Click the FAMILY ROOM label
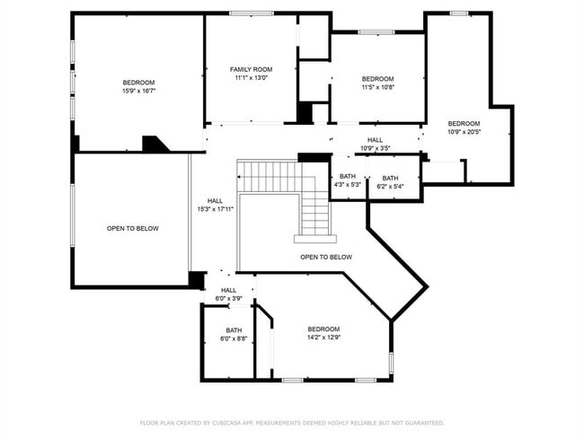coord(251,69)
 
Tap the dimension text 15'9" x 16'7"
coord(139,91)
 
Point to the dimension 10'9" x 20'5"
coord(464,131)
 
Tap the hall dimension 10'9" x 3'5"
coord(375,148)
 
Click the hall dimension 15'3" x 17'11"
coord(216,209)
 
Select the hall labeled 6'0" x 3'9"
coord(229,294)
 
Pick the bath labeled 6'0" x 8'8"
coord(234,334)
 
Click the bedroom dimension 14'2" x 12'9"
coord(323,337)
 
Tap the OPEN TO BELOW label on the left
coord(133,228)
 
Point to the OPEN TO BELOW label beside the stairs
coord(326,257)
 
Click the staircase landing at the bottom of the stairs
coord(315,239)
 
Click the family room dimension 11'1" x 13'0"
coord(251,78)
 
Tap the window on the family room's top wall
coord(252,13)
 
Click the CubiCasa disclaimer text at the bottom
coord(292,422)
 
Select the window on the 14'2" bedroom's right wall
coord(391,363)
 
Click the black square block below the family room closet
coord(305,113)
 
